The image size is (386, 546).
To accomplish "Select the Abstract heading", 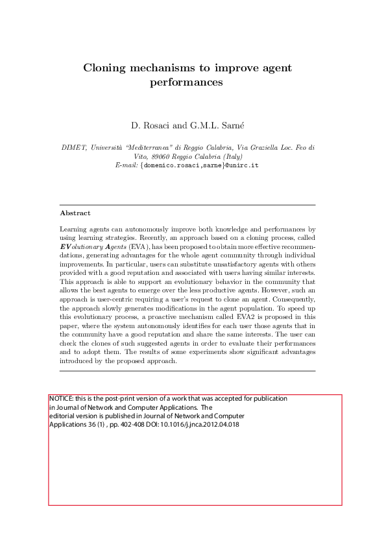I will tap(75, 213).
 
